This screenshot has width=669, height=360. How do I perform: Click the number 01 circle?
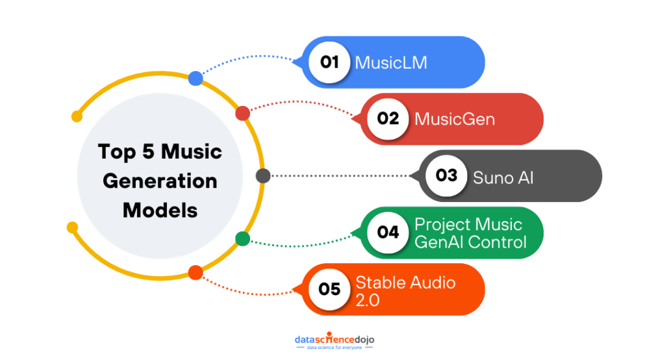click(x=330, y=62)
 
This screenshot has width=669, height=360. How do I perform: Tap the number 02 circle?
click(x=388, y=119)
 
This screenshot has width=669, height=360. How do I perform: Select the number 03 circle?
click(x=447, y=175)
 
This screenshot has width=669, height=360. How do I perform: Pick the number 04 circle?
click(x=388, y=232)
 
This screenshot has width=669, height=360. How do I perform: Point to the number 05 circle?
click(x=330, y=289)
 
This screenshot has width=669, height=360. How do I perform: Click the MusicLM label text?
click(x=390, y=62)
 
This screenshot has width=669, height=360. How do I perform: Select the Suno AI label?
click(x=503, y=176)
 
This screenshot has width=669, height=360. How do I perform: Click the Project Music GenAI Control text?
click(x=470, y=233)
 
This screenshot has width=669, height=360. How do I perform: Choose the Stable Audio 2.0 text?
click(x=405, y=290)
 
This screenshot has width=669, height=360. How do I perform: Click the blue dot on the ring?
click(x=196, y=79)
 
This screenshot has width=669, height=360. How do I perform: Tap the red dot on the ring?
click(x=242, y=114)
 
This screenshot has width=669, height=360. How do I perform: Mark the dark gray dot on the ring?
click(x=263, y=176)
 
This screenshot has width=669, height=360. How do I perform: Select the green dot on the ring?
click(x=242, y=238)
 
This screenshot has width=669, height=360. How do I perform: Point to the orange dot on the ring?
click(x=195, y=272)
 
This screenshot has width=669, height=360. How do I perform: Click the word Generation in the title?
click(x=160, y=181)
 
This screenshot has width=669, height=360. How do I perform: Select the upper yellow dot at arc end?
click(x=77, y=117)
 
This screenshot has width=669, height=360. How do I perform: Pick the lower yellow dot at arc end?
click(x=72, y=227)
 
